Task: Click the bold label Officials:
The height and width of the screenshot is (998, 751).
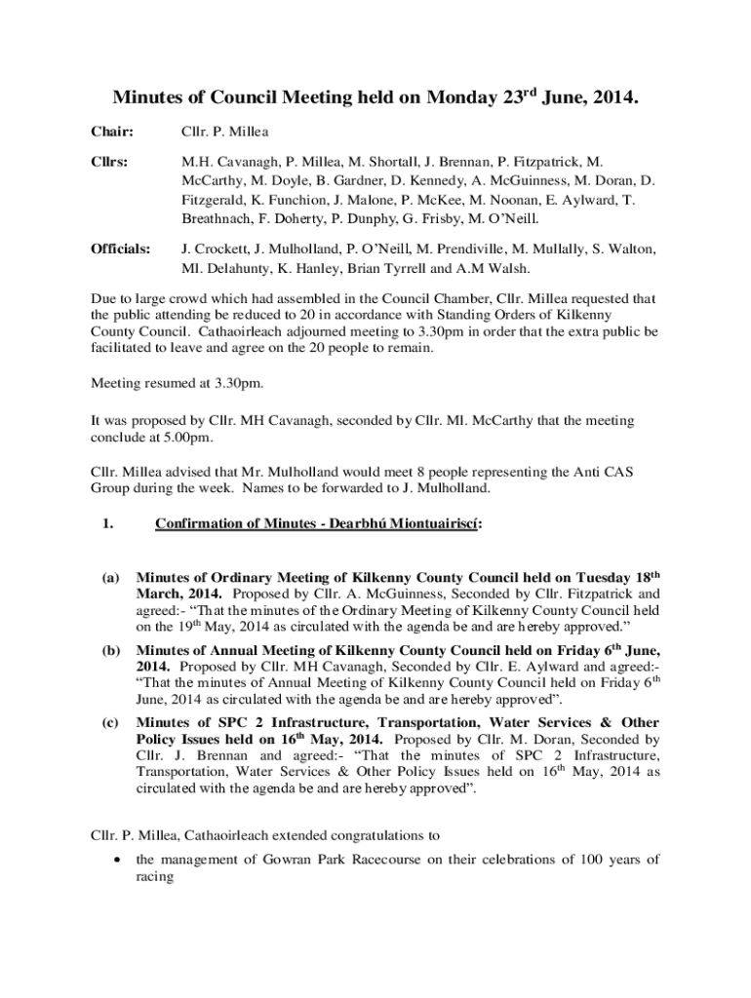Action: [121, 249]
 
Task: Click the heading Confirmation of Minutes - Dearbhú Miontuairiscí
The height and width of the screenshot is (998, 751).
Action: [318, 523]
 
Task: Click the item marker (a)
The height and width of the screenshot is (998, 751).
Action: [110, 578]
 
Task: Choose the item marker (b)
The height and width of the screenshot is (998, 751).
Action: [110, 650]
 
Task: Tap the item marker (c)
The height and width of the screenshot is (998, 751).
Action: [110, 722]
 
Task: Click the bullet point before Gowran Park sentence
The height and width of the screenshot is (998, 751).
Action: [117, 860]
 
